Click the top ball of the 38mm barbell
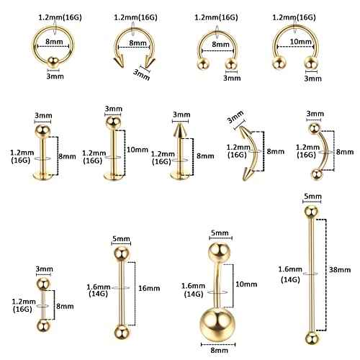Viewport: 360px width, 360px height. [310, 210]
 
